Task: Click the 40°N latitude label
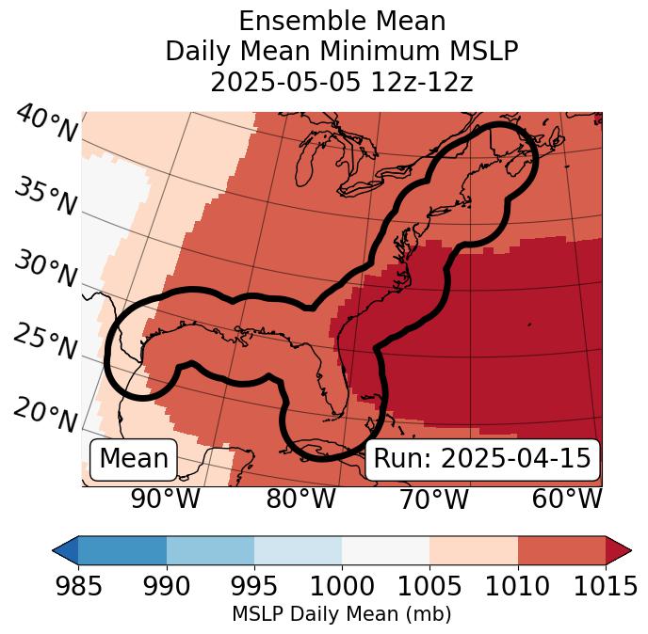click(46, 125)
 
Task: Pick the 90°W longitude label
click(165, 499)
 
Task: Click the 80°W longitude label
click(300, 499)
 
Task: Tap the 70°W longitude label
click(432, 499)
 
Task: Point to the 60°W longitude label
click(567, 499)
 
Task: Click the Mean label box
click(134, 459)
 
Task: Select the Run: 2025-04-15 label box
click(482, 459)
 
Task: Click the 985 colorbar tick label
click(78, 587)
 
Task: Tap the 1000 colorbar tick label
click(342, 587)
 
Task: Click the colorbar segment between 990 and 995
click(210, 549)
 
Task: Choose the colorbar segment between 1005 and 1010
click(474, 549)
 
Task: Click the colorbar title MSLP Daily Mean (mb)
click(341, 615)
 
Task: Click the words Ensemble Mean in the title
click(341, 21)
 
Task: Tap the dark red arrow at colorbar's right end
click(619, 549)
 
